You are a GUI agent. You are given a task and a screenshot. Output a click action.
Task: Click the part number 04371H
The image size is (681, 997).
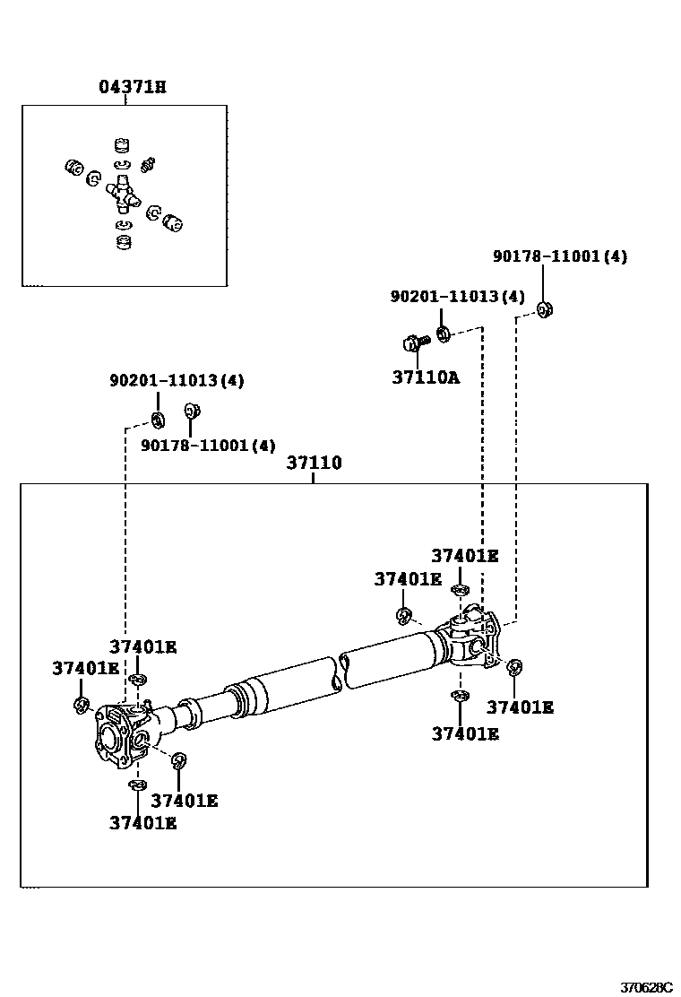(133, 86)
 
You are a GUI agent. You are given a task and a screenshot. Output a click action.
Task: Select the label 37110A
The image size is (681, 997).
(426, 377)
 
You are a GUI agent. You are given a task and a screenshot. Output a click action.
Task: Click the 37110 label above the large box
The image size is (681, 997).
(314, 463)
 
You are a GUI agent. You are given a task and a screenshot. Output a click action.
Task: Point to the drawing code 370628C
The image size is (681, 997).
(646, 987)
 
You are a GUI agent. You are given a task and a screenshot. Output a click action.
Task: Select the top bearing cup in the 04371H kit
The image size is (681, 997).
(122, 145)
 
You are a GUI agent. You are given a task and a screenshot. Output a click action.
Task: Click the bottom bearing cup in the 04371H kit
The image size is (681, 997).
(125, 243)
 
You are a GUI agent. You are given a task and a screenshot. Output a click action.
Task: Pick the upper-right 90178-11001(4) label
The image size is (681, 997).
(560, 256)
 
